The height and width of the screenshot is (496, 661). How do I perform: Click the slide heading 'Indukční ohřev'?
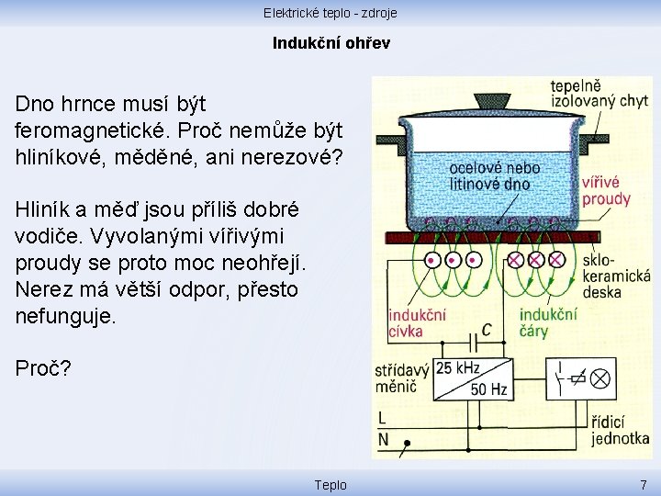click(x=330, y=43)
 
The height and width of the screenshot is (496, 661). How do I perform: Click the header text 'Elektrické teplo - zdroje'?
click(x=330, y=13)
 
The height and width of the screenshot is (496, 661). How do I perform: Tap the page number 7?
click(x=644, y=484)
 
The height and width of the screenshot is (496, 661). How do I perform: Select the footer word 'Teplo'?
click(x=330, y=484)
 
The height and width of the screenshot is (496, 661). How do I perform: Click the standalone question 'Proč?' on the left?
click(x=42, y=369)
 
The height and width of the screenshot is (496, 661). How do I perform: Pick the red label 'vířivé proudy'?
click(x=606, y=191)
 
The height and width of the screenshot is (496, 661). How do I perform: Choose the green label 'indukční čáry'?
click(x=547, y=322)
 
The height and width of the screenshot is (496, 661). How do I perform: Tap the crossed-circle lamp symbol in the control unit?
click(x=599, y=378)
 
